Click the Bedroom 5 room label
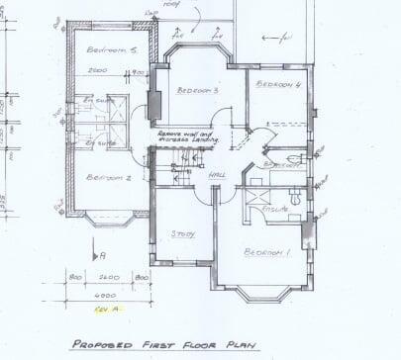tap(110, 49)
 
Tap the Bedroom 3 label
tap(198, 90)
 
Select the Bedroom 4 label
tap(277, 85)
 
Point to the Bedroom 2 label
tap(109, 178)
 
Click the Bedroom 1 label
tap(268, 252)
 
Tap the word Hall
tap(217, 176)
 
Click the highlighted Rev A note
tap(105, 310)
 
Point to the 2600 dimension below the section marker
tap(110, 278)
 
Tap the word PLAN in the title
tap(240, 346)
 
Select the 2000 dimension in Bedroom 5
tap(97, 71)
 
